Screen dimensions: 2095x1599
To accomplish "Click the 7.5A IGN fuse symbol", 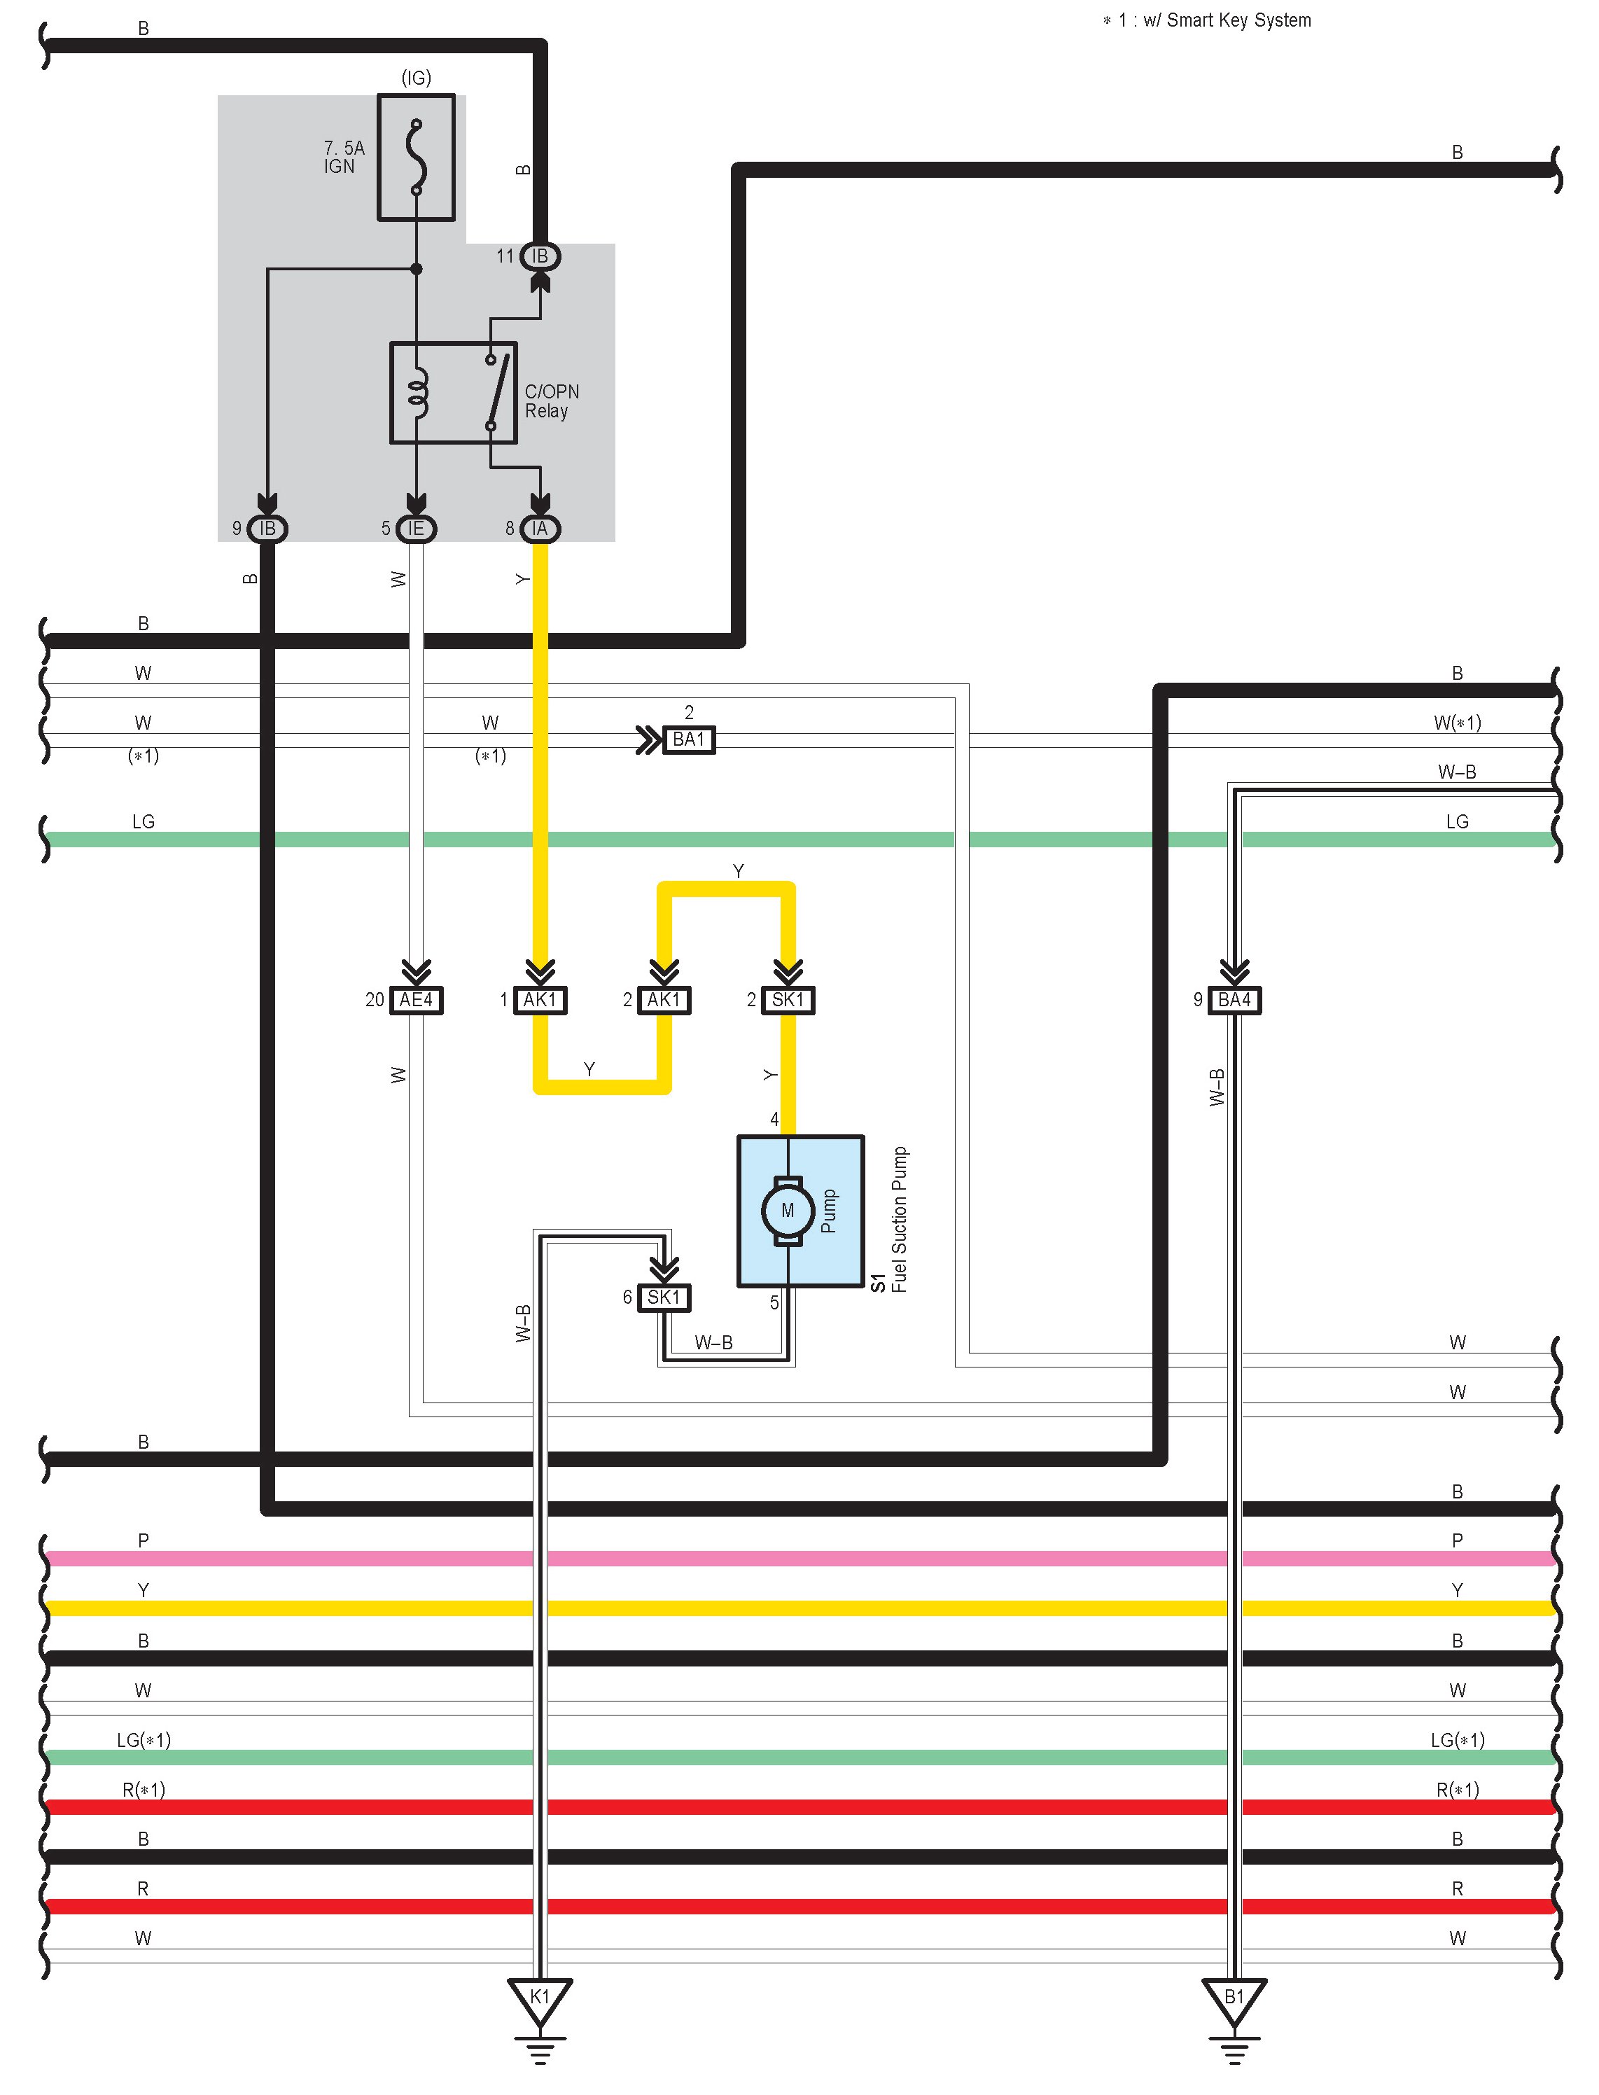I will tap(416, 157).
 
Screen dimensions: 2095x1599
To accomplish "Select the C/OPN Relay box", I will tap(453, 392).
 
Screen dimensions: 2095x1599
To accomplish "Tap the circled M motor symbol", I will tap(787, 1210).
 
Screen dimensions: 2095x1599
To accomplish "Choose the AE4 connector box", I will tap(417, 999).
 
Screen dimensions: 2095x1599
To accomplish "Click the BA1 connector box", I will tap(688, 739).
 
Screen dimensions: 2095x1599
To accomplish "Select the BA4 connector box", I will tap(1234, 999).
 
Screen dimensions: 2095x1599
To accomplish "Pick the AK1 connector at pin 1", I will tap(540, 999).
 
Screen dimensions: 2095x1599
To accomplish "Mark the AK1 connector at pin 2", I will tap(664, 999).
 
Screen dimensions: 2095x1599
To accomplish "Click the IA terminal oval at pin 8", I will tap(540, 528).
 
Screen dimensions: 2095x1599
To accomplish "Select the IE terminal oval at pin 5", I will tap(416, 528).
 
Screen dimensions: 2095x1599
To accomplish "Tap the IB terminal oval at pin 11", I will tap(540, 256).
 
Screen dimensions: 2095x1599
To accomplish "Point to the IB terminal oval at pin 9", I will tap(267, 528).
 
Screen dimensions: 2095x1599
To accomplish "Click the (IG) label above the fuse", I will tap(416, 78).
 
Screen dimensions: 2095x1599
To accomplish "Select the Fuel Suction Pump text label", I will tap(898, 1219).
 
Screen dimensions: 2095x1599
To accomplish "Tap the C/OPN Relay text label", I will tap(551, 401).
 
